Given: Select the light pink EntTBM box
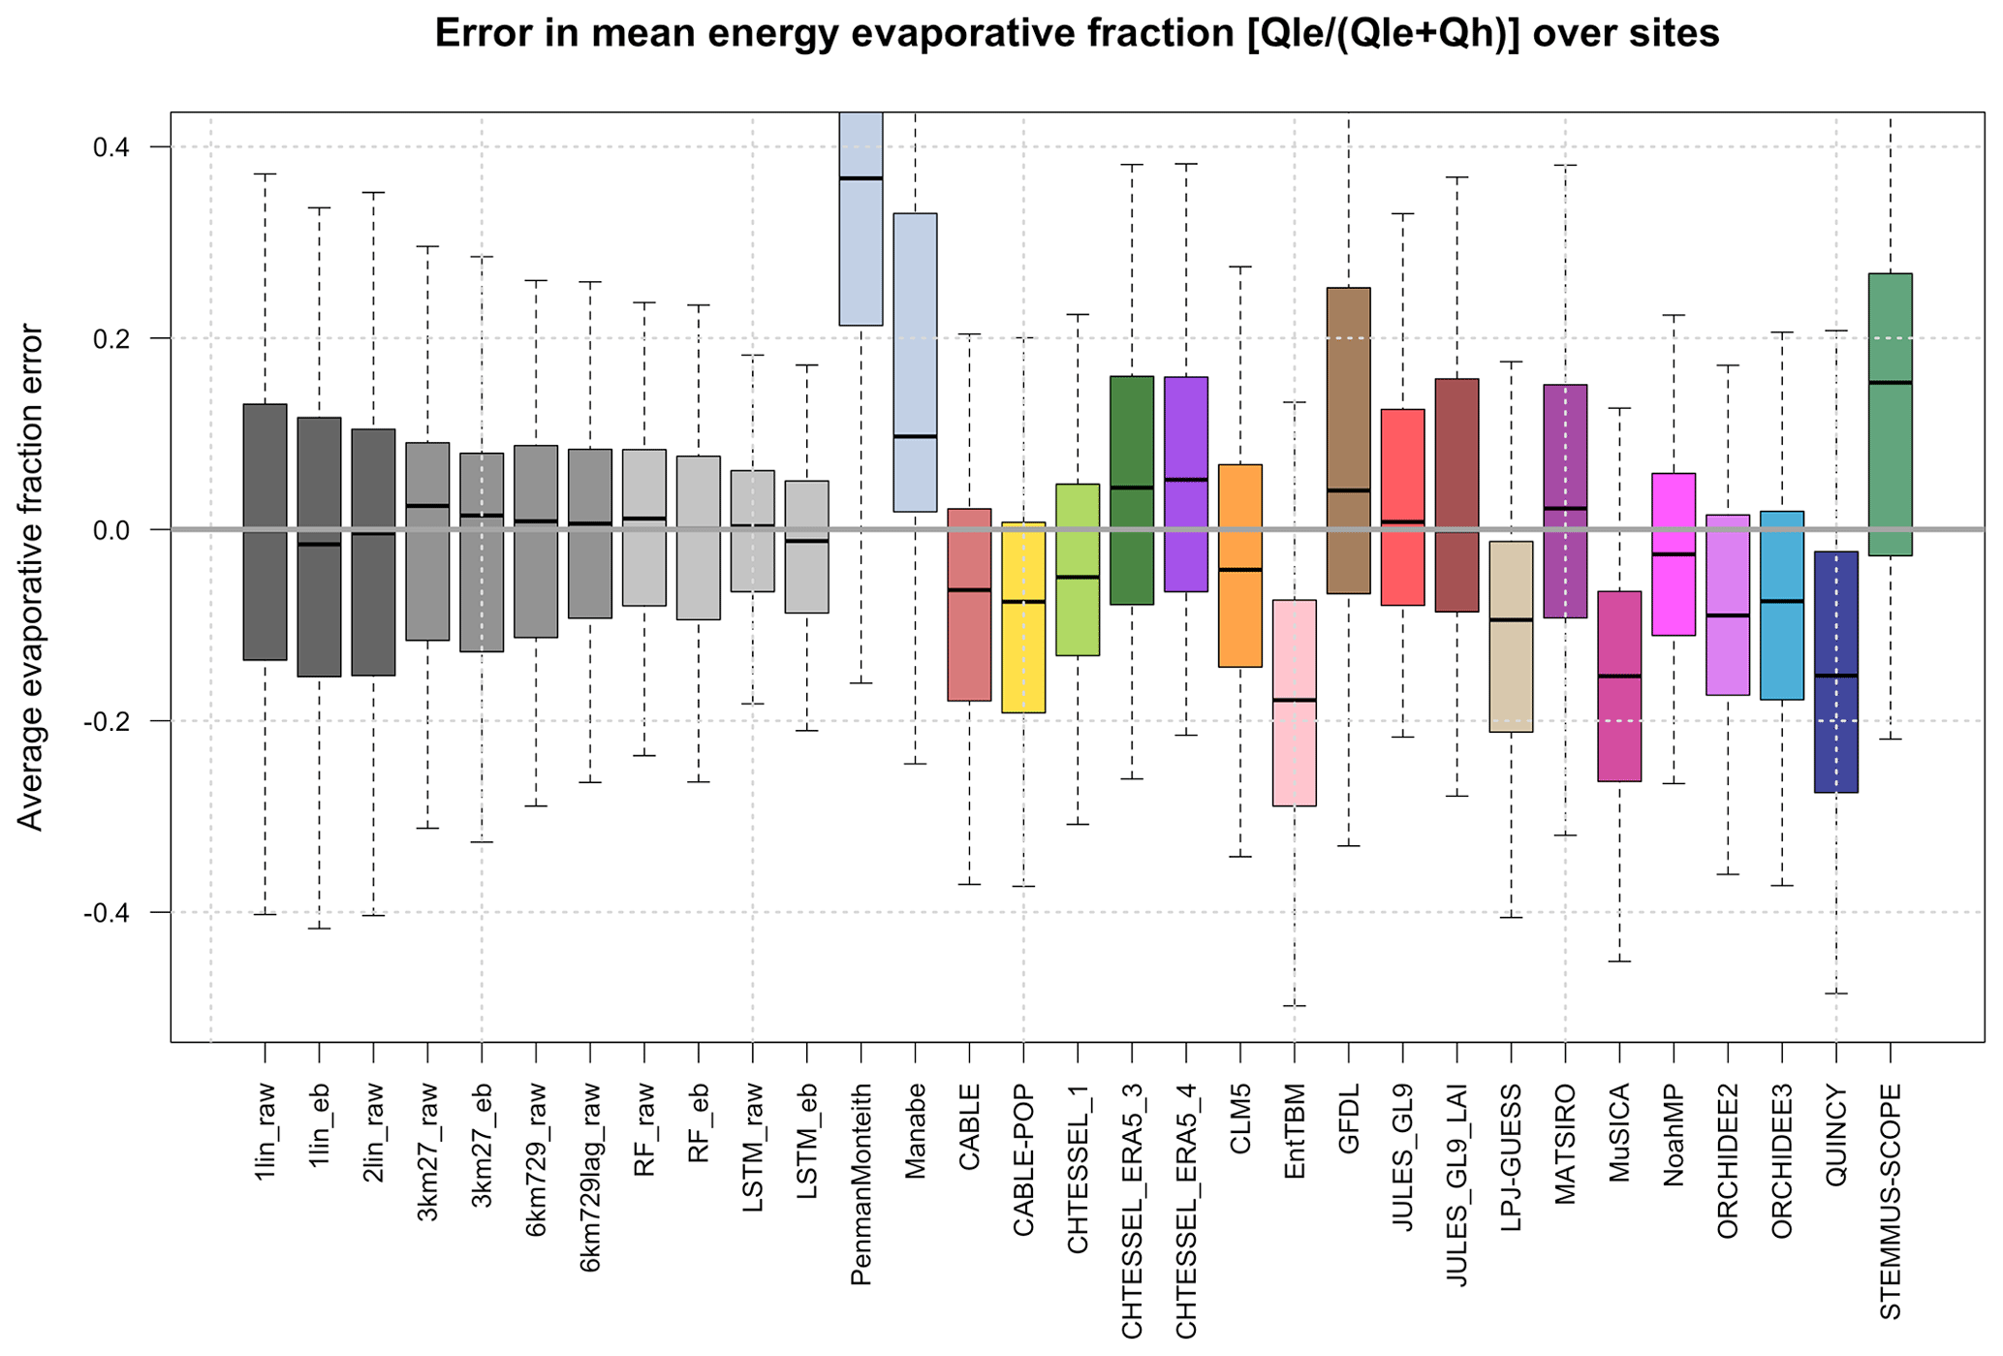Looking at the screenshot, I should point(1294,703).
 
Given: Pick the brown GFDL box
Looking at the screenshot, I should point(1348,440).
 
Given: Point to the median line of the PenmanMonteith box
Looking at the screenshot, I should point(861,178).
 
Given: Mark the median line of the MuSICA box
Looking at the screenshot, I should point(1619,676).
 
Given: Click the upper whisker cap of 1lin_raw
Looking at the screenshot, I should point(265,174).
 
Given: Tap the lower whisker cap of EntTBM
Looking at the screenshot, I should point(1294,1006).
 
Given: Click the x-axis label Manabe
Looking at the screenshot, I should point(916,1130).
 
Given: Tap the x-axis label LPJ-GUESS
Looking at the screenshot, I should point(1511,1157).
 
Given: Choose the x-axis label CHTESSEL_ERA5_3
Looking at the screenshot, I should point(1132,1211).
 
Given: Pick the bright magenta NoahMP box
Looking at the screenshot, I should point(1674,554).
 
